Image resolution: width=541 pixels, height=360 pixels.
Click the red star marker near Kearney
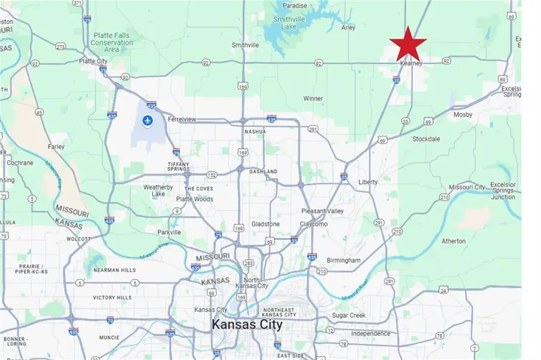coord(408,43)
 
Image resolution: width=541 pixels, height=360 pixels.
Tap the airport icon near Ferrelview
coord(147,121)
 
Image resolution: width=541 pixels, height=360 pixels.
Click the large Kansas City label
coord(246,325)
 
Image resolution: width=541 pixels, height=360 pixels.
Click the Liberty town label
coord(367,182)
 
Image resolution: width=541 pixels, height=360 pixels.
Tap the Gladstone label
coord(264,224)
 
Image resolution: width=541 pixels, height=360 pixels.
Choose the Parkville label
coord(167,232)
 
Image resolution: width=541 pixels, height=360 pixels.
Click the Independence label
coord(370,334)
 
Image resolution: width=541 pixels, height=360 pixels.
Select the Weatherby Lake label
coord(158,191)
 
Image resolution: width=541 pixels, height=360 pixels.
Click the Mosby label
coord(463,114)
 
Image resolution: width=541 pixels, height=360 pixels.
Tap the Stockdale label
coord(426,139)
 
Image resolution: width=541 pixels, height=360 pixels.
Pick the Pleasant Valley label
coord(322,211)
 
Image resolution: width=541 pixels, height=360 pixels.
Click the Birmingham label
coord(343,260)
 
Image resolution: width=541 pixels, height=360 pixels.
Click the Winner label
coord(313,99)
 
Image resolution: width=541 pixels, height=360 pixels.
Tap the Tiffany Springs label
coord(179,166)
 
